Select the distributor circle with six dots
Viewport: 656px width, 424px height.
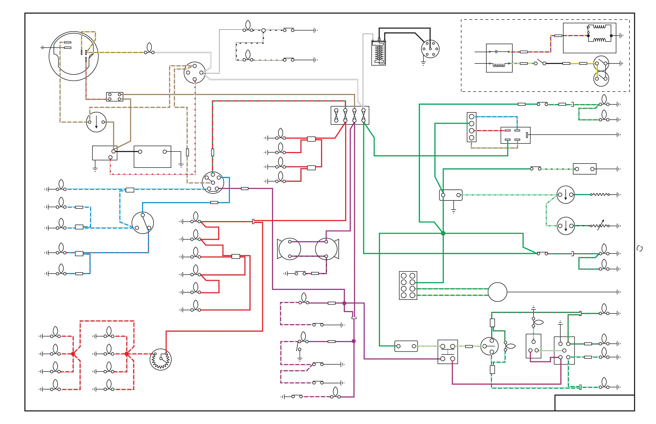pos(430,49)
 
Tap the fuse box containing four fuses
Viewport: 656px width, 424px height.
pos(350,115)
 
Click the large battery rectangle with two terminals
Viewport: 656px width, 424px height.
pos(152,157)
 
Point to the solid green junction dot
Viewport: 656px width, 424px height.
pos(443,233)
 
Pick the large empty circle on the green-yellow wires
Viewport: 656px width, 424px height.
pos(497,292)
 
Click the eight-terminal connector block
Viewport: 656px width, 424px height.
pos(408,285)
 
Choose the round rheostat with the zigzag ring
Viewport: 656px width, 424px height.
pos(161,359)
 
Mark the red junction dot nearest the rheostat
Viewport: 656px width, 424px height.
pos(126,354)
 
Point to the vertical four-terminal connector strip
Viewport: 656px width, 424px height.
pos(471,127)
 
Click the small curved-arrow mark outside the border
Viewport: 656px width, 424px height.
pos(640,249)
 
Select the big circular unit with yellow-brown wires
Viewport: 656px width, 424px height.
pos(74,56)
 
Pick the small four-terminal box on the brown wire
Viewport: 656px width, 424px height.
pos(115,97)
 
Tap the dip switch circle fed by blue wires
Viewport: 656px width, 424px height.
pos(143,223)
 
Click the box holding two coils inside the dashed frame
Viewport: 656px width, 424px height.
pos(589,38)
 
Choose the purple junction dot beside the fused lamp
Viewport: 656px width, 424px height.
pos(344,303)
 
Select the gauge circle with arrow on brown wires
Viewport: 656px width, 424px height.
pos(96,122)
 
